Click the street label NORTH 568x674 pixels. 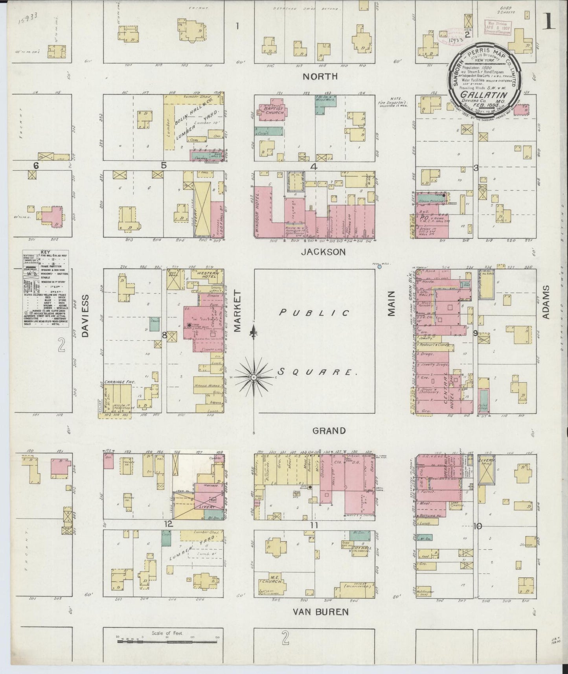(x=320, y=76)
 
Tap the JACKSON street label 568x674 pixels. (x=323, y=252)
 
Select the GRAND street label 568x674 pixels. (x=329, y=431)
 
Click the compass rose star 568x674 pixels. (x=254, y=377)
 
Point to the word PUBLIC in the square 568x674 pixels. (x=314, y=313)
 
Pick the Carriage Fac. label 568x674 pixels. (x=114, y=381)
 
